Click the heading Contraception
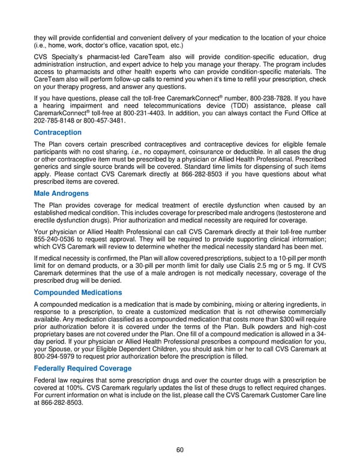58,132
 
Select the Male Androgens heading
61,194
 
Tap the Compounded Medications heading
78,292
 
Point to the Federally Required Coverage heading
83,368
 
